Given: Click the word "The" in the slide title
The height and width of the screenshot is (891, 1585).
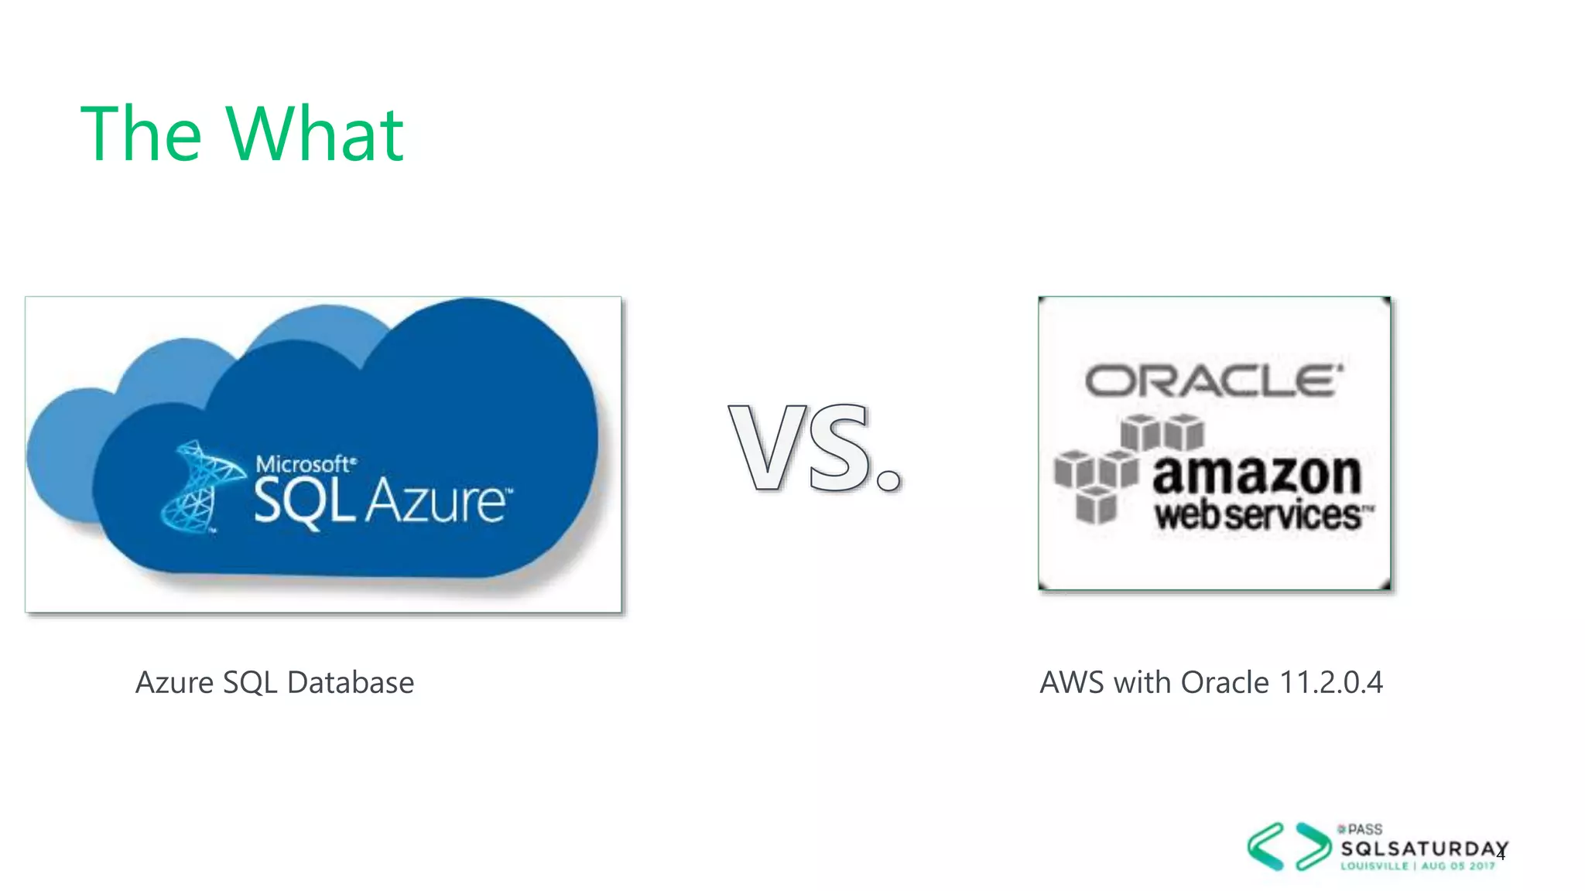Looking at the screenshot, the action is pyautogui.click(x=141, y=135).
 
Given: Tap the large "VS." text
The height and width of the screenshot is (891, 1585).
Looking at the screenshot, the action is pyautogui.click(x=815, y=448).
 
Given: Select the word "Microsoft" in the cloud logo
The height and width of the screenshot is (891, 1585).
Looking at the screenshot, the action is pyautogui.click(x=305, y=464).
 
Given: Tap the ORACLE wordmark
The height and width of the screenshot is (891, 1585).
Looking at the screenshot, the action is pyautogui.click(x=1213, y=381).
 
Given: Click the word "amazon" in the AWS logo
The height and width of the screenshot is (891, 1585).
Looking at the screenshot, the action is pyautogui.click(x=1256, y=475).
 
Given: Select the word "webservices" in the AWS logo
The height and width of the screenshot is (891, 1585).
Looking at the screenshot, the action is pyautogui.click(x=1259, y=515).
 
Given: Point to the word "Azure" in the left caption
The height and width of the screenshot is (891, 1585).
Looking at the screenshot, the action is pyautogui.click(x=175, y=683).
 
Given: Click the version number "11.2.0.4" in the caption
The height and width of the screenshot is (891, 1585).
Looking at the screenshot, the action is pyautogui.click(x=1331, y=683).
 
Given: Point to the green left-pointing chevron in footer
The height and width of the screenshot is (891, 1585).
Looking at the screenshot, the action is pyautogui.click(x=1265, y=846).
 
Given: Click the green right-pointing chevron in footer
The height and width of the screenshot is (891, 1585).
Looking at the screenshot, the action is pyautogui.click(x=1313, y=846).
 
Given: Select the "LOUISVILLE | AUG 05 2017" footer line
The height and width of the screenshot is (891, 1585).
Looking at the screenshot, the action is pyautogui.click(x=1418, y=866).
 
